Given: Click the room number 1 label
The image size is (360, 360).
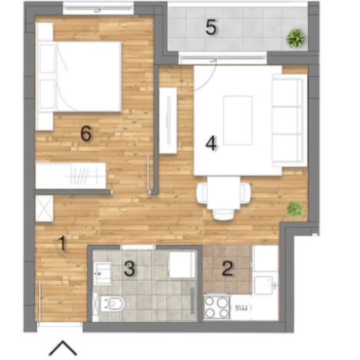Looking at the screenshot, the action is tap(62, 244).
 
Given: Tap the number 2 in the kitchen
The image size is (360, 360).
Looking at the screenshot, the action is tap(227, 268).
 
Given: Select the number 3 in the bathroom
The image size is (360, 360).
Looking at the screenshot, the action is tap(129, 268).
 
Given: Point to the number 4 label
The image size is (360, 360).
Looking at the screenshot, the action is tap(211, 144).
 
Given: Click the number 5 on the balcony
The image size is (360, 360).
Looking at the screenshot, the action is tap(211, 27).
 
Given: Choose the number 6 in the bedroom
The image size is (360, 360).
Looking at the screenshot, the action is tap(86, 134).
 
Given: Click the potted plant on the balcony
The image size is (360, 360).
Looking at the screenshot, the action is tap(296, 38).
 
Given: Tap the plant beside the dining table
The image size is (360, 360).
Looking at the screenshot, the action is tap(295, 209).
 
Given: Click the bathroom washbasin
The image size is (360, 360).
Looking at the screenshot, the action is tap(102, 274).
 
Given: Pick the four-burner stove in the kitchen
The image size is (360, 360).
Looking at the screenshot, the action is tap(217, 307).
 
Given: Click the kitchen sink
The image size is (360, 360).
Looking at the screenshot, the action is tap(264, 285).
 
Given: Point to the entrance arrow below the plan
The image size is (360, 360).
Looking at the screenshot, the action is tap(62, 348).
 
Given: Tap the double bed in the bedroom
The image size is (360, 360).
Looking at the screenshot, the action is tap(79, 76).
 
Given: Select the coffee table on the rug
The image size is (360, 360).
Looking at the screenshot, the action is tap(238, 120).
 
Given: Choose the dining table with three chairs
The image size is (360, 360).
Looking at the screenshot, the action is tap(223, 196).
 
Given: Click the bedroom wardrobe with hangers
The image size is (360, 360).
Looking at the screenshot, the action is tap(71, 176).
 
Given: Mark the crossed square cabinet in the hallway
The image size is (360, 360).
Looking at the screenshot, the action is tap(44, 208).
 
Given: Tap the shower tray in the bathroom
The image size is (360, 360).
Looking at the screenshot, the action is tap(182, 264).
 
